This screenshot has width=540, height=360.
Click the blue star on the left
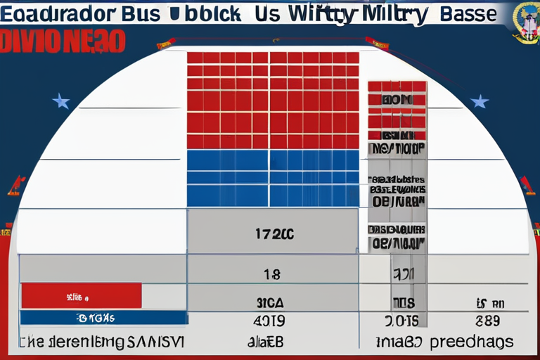pyautogui.click(x=61, y=102)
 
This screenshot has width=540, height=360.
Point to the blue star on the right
pyautogui.click(x=480, y=101)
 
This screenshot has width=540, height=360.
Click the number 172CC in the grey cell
pyautogui.click(x=273, y=234)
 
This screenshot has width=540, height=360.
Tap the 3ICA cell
pyautogui.click(x=271, y=303)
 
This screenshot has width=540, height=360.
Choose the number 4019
pyautogui.click(x=271, y=321)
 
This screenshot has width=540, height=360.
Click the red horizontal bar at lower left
pyautogui.click(x=81, y=295)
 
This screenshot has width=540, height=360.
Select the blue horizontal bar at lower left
pyautogui.click(x=103, y=318)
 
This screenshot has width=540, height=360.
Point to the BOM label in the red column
pyautogui.click(x=397, y=100)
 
